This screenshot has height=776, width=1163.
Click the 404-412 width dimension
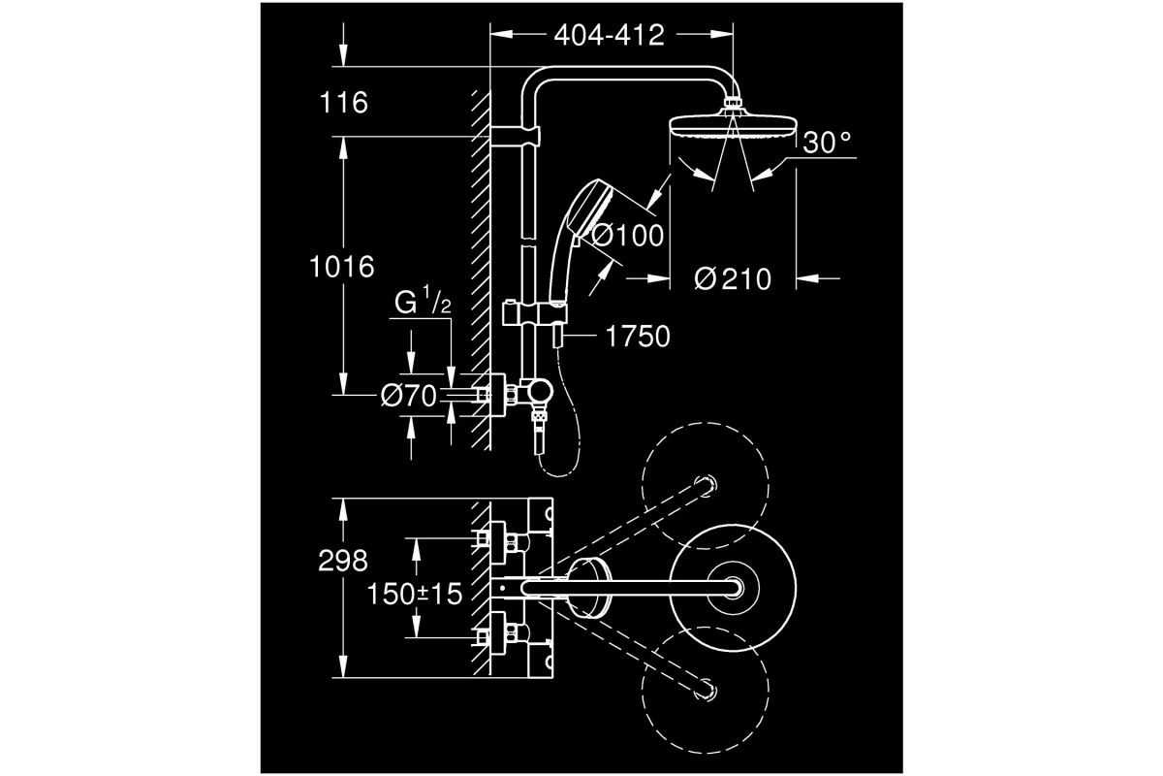pos(609,35)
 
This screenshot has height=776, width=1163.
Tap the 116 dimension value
pos(344,103)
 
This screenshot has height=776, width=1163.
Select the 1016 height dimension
pos(341,267)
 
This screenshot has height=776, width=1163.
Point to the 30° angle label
pos(827,143)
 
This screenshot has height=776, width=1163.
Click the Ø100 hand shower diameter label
pos(627,236)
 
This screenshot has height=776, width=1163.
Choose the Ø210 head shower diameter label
pos(733,279)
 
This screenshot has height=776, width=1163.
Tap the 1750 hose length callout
pos(638,337)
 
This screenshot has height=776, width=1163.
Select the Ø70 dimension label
pos(409,396)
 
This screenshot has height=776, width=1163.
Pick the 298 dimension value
pos(343,561)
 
